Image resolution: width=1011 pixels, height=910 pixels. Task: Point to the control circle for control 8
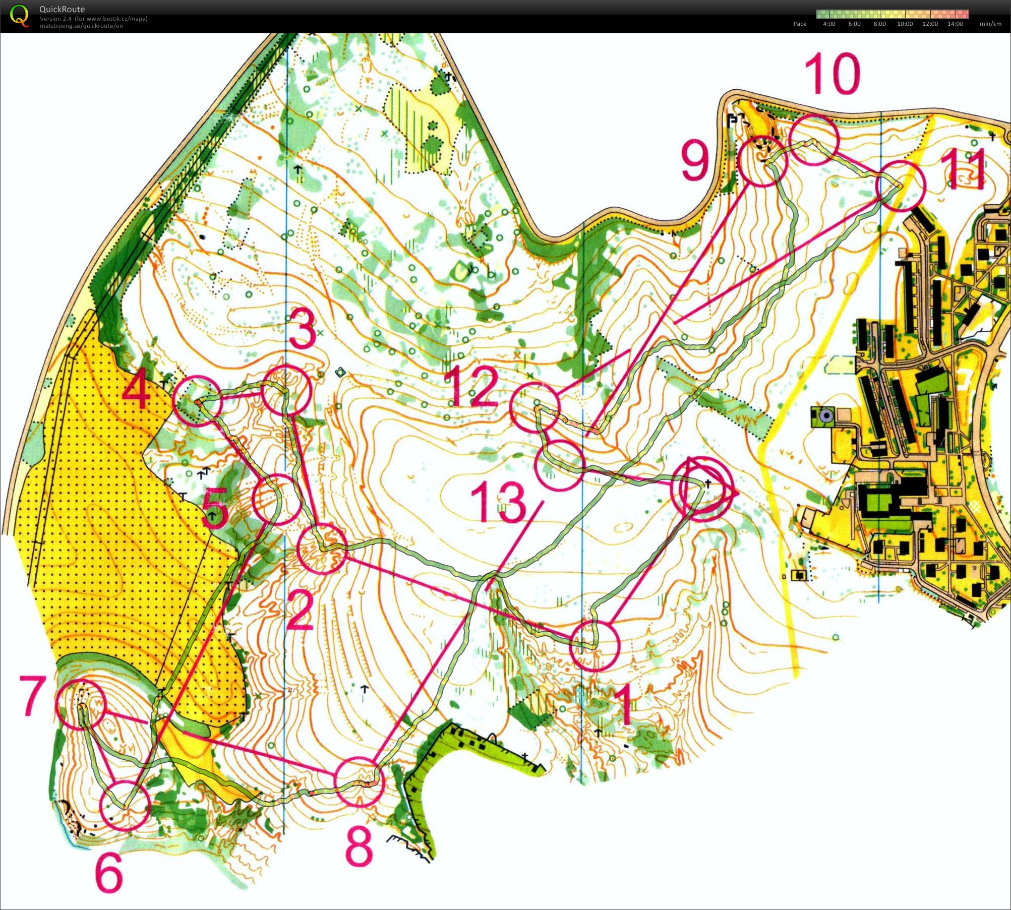pos(360,782)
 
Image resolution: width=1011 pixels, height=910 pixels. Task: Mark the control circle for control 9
pos(762,161)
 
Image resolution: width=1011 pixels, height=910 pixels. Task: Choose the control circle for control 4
pos(197,401)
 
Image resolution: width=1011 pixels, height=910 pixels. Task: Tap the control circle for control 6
pos(126,806)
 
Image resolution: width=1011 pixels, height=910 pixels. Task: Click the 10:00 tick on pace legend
pos(905,24)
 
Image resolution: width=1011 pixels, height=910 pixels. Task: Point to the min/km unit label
pos(990,24)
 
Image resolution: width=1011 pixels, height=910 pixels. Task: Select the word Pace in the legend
pos(800,24)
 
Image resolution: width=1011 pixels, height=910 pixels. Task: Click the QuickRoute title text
pos(62,9)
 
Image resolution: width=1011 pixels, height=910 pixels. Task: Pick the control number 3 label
pos(303,330)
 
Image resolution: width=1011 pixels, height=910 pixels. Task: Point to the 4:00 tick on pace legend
pos(829,24)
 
